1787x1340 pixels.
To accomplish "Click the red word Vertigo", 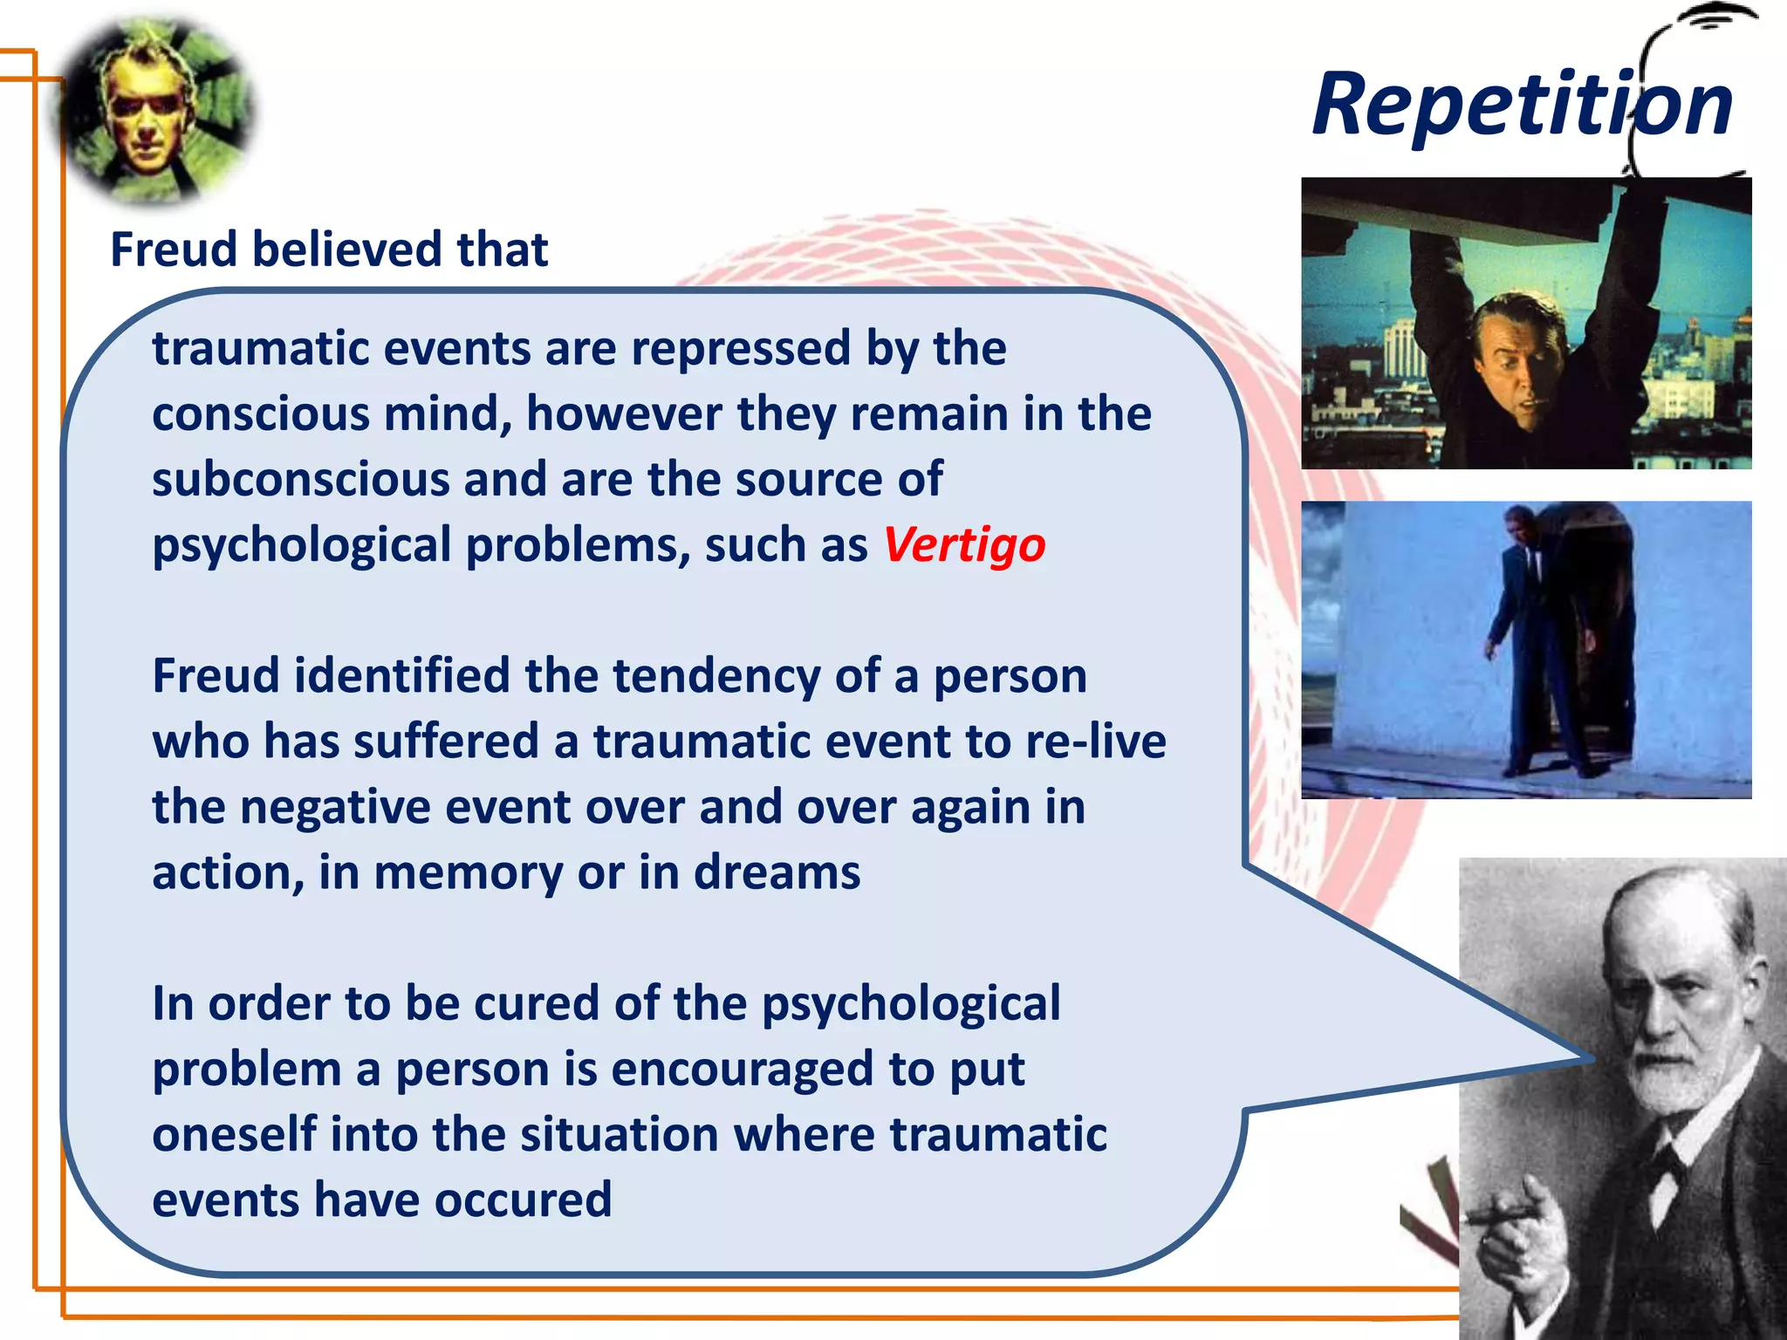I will click(x=964, y=546).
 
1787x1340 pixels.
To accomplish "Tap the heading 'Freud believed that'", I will click(x=329, y=250).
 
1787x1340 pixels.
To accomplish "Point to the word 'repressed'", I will click(x=740, y=349).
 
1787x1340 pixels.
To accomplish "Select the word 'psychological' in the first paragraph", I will click(x=301, y=546).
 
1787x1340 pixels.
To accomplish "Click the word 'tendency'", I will click(x=715, y=677).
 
